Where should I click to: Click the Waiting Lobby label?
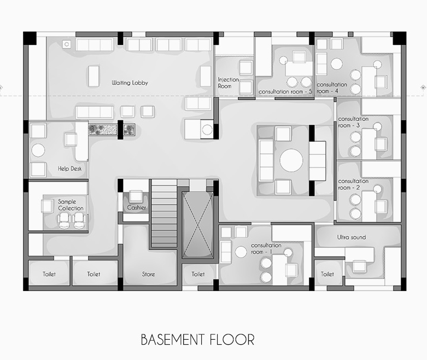pyautogui.click(x=130, y=83)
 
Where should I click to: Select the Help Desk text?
pyautogui.click(x=70, y=169)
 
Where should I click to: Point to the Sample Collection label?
pyautogui.click(x=71, y=205)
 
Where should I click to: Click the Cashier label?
pyautogui.click(x=137, y=208)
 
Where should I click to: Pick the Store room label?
pyautogui.click(x=148, y=274)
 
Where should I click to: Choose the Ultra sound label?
pyautogui.click(x=352, y=237)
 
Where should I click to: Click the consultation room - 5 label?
pyautogui.click(x=285, y=92)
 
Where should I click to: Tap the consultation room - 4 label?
pyautogui.click(x=332, y=88)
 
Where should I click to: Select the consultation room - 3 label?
pyautogui.click(x=353, y=122)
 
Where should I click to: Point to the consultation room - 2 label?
pyautogui.click(x=353, y=184)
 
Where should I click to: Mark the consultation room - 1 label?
pyautogui.click(x=266, y=248)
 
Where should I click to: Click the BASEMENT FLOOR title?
pyautogui.click(x=198, y=340)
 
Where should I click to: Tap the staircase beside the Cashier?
pyautogui.click(x=164, y=213)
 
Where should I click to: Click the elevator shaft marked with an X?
pyautogui.click(x=198, y=225)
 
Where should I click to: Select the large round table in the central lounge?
pyautogui.click(x=291, y=160)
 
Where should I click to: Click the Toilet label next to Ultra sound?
pyautogui.click(x=327, y=274)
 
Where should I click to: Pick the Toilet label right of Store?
pyautogui.click(x=198, y=274)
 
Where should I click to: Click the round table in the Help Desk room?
pyautogui.click(x=38, y=150)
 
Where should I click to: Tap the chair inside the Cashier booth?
pyautogui.click(x=136, y=196)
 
